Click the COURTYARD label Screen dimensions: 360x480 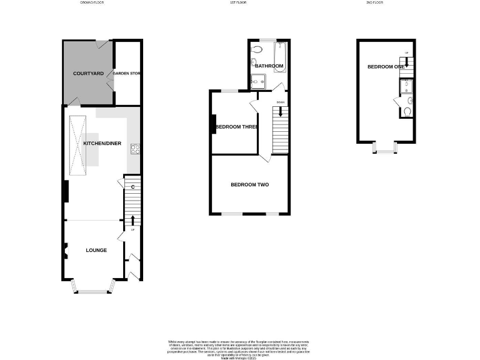pyautogui.click(x=88, y=74)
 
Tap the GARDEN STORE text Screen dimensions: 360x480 pyautogui.click(x=126, y=74)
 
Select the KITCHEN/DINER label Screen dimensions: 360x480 pyautogui.click(x=102, y=143)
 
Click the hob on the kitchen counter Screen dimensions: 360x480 pyautogui.click(x=134, y=149)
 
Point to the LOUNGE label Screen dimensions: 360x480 pyautogui.click(x=96, y=250)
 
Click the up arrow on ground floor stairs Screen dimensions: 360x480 pyautogui.click(x=132, y=221)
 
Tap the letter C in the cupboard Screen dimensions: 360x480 pyautogui.click(x=133, y=186)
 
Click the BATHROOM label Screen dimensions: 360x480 pyautogui.click(x=269, y=66)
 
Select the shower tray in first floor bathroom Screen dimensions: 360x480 pyautogui.click(x=257, y=81)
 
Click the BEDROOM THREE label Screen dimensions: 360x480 pyautogui.click(x=237, y=127)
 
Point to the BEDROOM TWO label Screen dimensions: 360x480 pyautogui.click(x=249, y=184)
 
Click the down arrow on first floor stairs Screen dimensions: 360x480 pyautogui.click(x=280, y=112)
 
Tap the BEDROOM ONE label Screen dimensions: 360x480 pyautogui.click(x=385, y=67)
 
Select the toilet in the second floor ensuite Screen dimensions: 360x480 pyautogui.click(x=407, y=112)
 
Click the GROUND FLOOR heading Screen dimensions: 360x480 pyautogui.click(x=91, y=2)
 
